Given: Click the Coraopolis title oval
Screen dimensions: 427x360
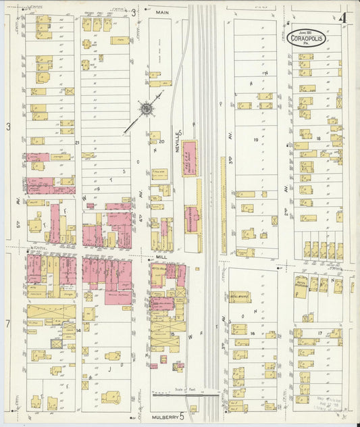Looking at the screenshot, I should pos(307,38).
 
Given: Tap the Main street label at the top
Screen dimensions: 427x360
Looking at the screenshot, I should pos(162,12).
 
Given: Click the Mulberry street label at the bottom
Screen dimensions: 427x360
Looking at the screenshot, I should pos(164,417).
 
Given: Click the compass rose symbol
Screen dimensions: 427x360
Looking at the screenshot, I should pos(145,108).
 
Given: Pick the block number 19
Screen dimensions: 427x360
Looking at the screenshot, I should pos(256,140).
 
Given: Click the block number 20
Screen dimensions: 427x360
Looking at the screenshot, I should pos(162,142).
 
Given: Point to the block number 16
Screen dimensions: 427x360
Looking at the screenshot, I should pos(252,333).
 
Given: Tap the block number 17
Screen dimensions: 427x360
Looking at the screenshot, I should pos(319,333).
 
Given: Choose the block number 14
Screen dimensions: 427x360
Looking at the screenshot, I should pos(78,330).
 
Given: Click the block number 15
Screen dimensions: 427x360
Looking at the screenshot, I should pos(172,334).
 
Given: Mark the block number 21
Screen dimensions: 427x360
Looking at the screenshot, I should pos(78,143).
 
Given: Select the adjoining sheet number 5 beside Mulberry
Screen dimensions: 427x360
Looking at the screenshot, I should pos(182,417).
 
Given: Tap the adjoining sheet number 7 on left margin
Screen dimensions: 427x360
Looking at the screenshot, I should pos(8,324).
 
